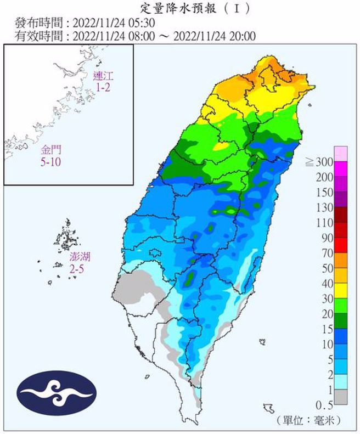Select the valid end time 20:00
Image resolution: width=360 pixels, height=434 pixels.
(243, 36)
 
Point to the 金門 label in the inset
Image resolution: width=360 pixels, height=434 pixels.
(51, 149)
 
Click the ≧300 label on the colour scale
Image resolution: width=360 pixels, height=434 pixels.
(319, 162)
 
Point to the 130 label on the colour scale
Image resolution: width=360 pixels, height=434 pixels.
(324, 207)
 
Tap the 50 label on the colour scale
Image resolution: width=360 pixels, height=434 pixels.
(327, 268)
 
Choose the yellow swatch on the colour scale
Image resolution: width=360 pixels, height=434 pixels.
(341, 291)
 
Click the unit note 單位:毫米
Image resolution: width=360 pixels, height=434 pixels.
(310, 420)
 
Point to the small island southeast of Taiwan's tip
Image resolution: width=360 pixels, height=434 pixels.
(268, 408)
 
